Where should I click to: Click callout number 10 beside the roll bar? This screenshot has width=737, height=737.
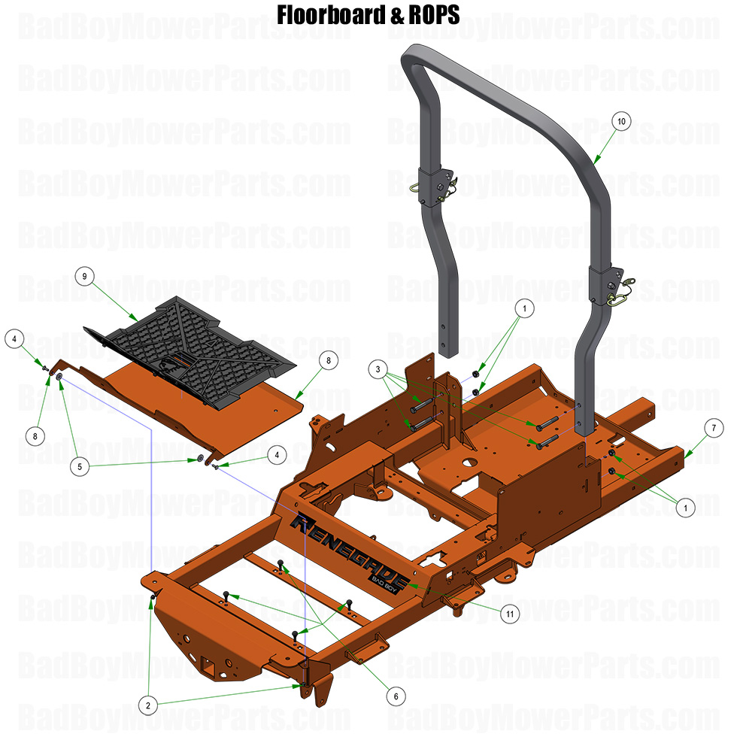(x=621, y=121)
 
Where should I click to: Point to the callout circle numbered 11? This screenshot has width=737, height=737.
(x=510, y=614)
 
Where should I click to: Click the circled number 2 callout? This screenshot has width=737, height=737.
(x=149, y=705)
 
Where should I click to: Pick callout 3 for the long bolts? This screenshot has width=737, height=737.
(x=378, y=369)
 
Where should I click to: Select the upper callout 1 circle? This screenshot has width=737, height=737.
(x=525, y=307)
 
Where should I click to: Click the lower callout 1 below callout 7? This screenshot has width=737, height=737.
(x=685, y=508)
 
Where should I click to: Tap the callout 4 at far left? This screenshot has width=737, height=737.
(x=14, y=339)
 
